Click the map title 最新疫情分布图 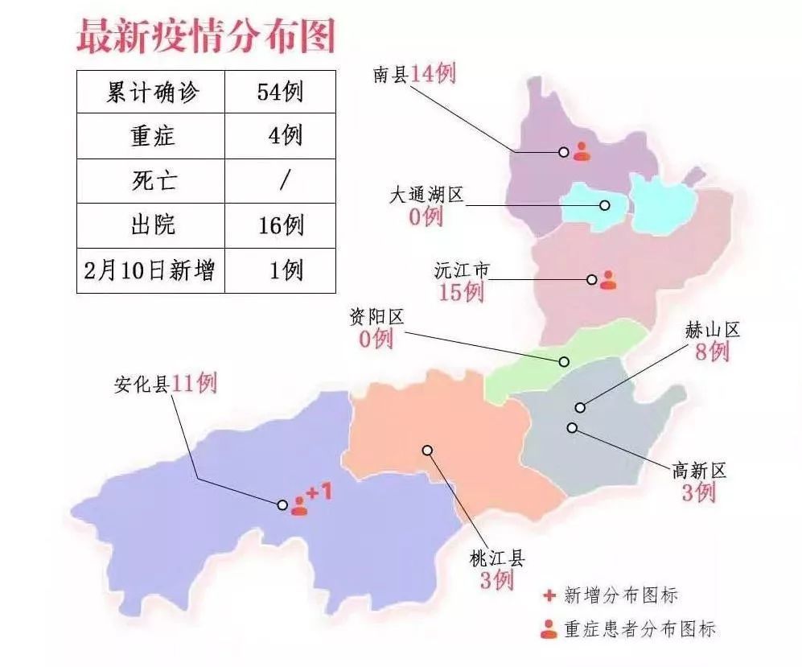point(204,36)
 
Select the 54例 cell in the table point(280,92)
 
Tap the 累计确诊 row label point(152,92)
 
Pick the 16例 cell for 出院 point(281,225)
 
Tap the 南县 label point(391,75)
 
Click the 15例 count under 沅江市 point(461,292)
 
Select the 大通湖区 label point(426,196)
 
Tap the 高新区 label point(698,471)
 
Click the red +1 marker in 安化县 point(319,492)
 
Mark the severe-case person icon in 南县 point(582,150)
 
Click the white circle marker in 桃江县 point(429,451)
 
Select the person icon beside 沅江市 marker point(608,279)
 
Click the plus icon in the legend point(549,595)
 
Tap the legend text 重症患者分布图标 point(639,628)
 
